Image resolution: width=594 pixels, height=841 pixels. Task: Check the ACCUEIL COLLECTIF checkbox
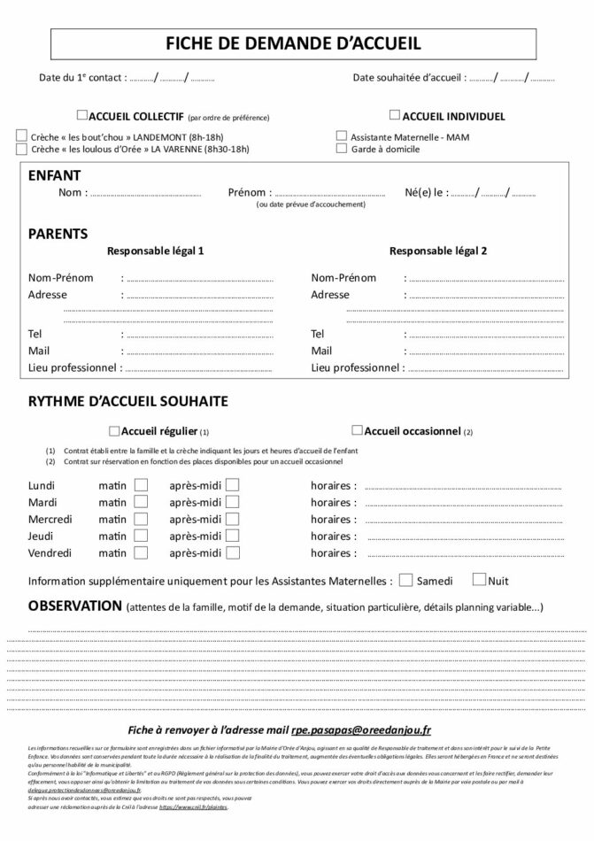(82, 115)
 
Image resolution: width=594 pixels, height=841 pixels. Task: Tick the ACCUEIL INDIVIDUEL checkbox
(395, 115)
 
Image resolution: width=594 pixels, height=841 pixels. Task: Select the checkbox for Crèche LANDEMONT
(21, 136)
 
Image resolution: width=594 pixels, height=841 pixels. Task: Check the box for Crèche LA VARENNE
(21, 150)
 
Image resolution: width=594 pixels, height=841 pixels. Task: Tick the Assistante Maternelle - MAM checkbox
(342, 136)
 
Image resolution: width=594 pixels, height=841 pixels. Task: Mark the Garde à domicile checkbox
(342, 150)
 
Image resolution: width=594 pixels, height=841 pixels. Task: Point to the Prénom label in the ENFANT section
(247, 192)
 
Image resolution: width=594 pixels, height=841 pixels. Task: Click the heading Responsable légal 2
(437, 251)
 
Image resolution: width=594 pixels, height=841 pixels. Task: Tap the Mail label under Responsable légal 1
(39, 351)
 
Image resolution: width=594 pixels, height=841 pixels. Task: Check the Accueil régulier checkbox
(113, 432)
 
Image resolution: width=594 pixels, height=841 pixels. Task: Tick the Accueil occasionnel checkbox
(357, 431)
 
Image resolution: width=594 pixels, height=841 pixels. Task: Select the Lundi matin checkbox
(141, 485)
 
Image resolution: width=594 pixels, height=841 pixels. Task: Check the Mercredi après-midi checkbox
(232, 519)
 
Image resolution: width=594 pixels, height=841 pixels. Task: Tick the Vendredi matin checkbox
(141, 552)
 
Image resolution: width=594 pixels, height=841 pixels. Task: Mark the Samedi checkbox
(405, 581)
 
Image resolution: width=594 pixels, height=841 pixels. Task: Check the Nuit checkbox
(479, 581)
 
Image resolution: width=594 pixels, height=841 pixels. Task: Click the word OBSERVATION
(75, 606)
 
